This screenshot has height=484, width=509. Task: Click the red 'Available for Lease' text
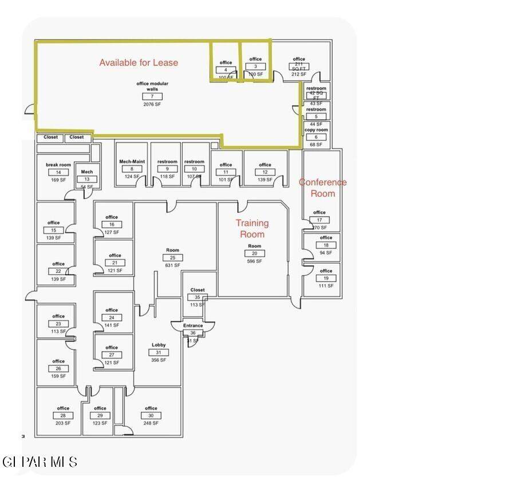[x=139, y=63]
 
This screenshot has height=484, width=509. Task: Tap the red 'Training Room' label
[x=252, y=228]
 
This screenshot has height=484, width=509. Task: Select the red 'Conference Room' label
[x=323, y=188]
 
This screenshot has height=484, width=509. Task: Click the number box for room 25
[x=173, y=257]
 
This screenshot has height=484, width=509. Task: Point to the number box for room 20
[x=254, y=253]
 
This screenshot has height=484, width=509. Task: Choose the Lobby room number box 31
[x=159, y=353]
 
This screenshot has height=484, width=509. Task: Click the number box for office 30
[x=151, y=416]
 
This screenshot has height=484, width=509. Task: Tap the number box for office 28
[x=63, y=416]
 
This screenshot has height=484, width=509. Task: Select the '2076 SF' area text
[x=152, y=104]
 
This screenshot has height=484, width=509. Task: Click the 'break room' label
[x=58, y=165]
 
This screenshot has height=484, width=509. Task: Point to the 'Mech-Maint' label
[x=132, y=162]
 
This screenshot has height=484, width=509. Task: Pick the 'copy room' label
[x=316, y=130]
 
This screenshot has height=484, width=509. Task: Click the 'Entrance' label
[x=193, y=326]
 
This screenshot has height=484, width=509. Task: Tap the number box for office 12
[x=265, y=172]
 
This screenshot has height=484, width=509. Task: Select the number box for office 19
[x=326, y=278]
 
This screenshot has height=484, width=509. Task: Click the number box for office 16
[x=112, y=225]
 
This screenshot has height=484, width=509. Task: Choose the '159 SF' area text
[x=58, y=376]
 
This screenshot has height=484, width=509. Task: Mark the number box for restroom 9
[x=167, y=169]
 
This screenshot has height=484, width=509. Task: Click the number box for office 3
[x=255, y=67]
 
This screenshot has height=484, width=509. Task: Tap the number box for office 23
[x=58, y=324]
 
